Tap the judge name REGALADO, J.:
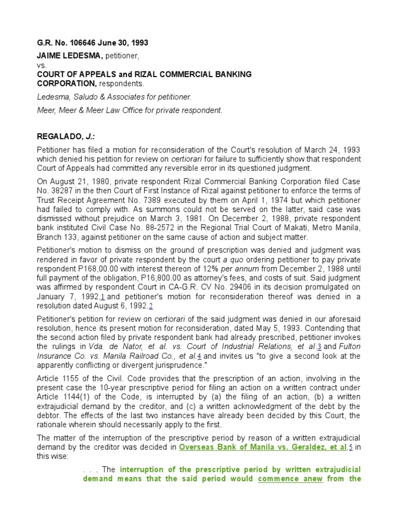pyautogui.click(x=65, y=137)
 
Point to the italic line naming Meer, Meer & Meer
pyautogui.click(x=130, y=110)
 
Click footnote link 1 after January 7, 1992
pyautogui.click(x=103, y=297)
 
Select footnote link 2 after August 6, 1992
pyautogui.click(x=151, y=306)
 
